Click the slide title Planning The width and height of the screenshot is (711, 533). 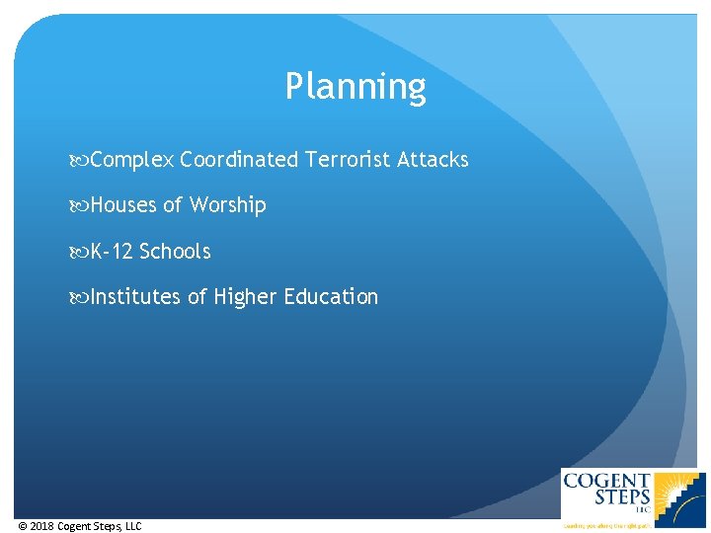pos(355,87)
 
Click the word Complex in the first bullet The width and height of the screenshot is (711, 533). pos(132,160)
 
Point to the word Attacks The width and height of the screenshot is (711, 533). pos(433,160)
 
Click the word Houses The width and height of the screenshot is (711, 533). pos(123,205)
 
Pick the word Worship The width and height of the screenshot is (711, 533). pos(228,205)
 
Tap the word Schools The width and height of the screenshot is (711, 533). pos(175,252)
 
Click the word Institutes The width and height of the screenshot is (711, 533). pos(135,297)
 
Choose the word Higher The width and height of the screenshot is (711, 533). pos(245,297)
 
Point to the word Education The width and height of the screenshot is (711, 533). pos(331,297)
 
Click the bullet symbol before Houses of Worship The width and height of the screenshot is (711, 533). pos(81,205)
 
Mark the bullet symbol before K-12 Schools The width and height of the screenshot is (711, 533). pos(81,252)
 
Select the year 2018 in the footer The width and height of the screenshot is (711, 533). pos(42,526)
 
